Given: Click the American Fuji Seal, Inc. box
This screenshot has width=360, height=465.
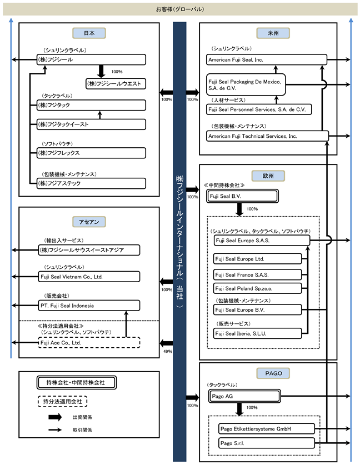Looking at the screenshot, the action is pyautogui.click(x=267, y=59).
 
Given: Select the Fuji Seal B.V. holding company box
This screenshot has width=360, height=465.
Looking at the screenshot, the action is pyautogui.click(x=242, y=196).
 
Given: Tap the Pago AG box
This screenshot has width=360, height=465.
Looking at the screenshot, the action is pyautogui.click(x=244, y=396).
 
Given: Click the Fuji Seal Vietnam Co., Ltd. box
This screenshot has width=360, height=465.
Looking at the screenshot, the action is pyautogui.click(x=89, y=277).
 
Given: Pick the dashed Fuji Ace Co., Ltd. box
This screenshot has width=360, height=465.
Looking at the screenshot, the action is pyautogui.click(x=89, y=343).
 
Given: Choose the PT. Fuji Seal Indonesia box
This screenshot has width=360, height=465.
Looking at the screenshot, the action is pyautogui.click(x=89, y=306).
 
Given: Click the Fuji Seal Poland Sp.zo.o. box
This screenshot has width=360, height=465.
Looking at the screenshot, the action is pyautogui.click(x=257, y=288).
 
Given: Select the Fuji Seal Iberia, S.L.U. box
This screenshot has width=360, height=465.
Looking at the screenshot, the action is pyautogui.click(x=257, y=333).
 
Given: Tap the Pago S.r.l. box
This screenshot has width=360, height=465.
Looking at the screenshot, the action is pyautogui.click(x=266, y=443).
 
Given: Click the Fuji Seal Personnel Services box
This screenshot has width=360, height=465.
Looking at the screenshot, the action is pyautogui.click(x=259, y=109).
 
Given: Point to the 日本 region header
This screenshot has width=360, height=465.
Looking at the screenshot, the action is pyautogui.click(x=89, y=33).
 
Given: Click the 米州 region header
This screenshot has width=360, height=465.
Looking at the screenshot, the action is pyautogui.click(x=273, y=33).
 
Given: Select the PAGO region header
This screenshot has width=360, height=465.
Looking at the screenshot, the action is pyautogui.click(x=273, y=373).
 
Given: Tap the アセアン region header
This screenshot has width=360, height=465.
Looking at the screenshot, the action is pyautogui.click(x=89, y=222).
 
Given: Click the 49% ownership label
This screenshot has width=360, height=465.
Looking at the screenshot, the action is pyautogui.click(x=168, y=352).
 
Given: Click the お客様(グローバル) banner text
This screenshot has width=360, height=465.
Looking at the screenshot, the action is pyautogui.click(x=180, y=9).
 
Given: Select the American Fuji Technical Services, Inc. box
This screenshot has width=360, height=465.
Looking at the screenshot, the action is pyautogui.click(x=267, y=136).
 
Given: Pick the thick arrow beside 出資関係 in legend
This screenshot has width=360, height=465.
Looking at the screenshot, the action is pyautogui.click(x=55, y=417).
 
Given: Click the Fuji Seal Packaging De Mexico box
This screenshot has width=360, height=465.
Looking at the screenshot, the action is pyautogui.click(x=246, y=84).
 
